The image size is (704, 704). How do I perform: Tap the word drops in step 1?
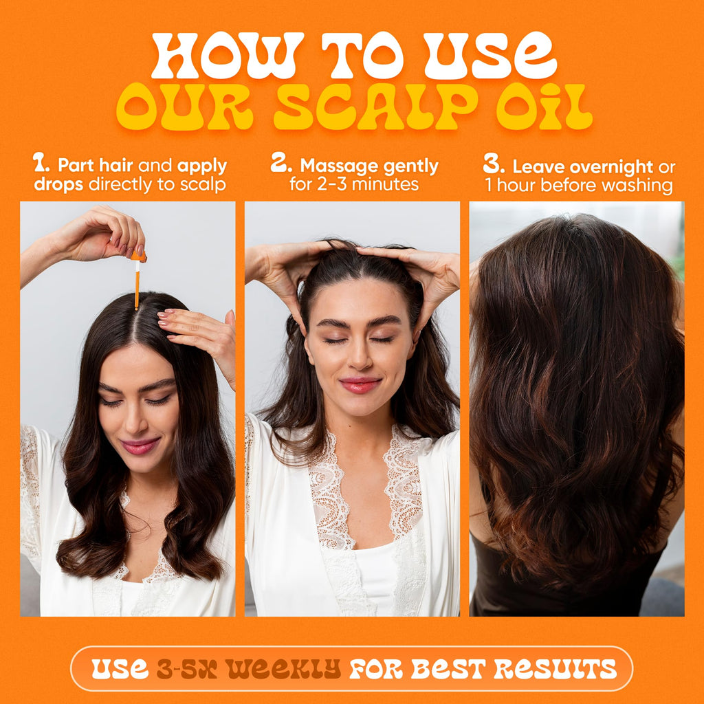59,184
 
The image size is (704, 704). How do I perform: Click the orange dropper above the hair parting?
137,280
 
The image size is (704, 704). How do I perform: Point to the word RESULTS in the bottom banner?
555,669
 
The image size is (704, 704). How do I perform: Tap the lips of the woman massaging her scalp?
360,385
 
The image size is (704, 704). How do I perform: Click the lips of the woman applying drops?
140,445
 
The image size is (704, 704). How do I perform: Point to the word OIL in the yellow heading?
544,107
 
